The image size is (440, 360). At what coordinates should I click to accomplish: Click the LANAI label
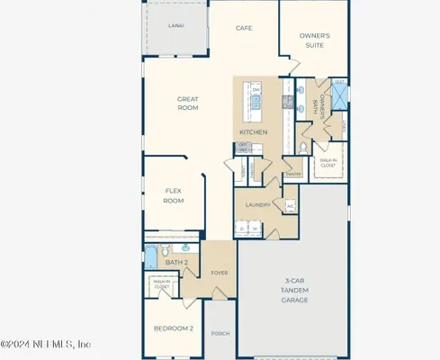(x=176, y=26)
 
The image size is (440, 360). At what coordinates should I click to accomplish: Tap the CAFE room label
(x=244, y=28)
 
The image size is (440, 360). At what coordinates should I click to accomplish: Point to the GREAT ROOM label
(x=187, y=104)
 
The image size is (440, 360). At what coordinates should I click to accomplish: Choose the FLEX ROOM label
(x=174, y=195)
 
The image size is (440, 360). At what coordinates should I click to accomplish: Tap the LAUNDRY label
(x=259, y=205)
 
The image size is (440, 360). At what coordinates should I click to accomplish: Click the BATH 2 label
(x=177, y=262)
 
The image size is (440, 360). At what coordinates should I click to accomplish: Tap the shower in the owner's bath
(x=339, y=97)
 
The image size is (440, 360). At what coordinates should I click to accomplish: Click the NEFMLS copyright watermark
(x=46, y=344)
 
